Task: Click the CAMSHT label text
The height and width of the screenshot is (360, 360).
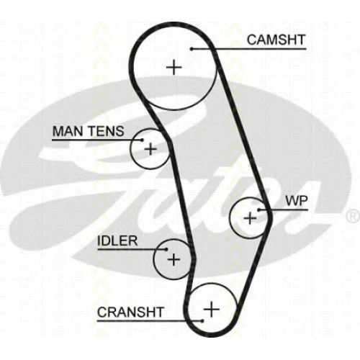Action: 276,40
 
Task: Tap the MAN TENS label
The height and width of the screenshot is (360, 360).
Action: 88,131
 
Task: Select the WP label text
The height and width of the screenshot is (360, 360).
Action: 297,201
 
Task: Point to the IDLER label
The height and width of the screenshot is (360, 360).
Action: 117,240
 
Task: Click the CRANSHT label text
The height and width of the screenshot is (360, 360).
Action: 130,312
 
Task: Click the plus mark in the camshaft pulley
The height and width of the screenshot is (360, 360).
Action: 174,68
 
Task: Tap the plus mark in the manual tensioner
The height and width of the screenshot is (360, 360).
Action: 150,149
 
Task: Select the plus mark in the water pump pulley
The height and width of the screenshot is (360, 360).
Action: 250,218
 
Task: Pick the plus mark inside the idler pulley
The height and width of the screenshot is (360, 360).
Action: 174,259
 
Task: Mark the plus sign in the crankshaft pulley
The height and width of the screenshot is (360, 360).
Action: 212,309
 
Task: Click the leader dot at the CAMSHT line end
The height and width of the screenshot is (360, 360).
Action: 192,49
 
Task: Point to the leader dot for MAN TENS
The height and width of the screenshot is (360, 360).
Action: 142,140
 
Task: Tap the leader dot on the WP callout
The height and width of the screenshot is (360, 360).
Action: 259,210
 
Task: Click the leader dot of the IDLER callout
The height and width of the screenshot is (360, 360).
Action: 166,249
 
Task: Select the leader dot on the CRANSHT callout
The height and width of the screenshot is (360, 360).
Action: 202,320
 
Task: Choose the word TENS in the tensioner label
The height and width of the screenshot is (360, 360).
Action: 107,131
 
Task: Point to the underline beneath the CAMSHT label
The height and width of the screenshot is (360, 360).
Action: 249,49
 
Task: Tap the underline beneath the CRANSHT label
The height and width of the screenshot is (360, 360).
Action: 150,320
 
